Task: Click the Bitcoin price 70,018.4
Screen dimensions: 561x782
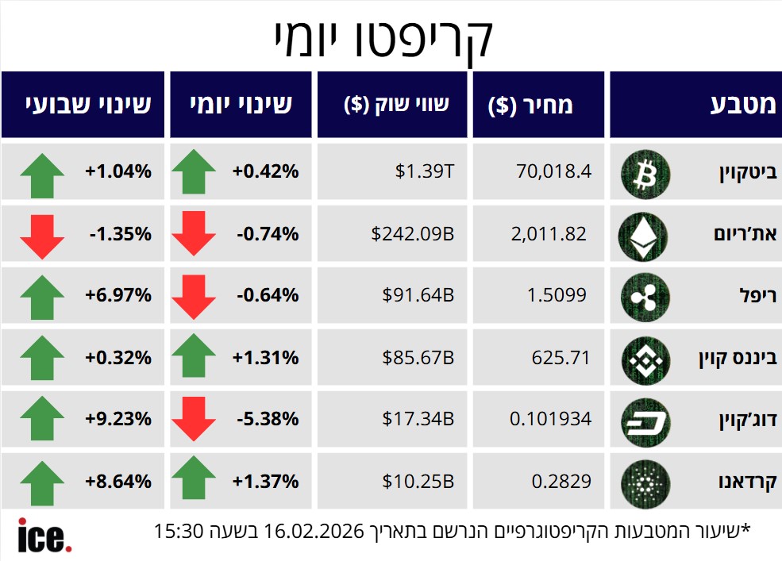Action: coord(553,171)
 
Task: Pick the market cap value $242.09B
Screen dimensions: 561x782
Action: coord(413,233)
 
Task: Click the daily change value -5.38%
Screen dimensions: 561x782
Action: coord(268,420)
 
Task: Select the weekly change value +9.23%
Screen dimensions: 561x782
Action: coord(118,420)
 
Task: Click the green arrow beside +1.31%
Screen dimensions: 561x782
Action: coord(193,357)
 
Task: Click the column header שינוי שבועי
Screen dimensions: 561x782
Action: coord(88,105)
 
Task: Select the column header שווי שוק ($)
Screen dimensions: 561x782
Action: coord(397,105)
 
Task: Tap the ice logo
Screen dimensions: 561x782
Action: coord(44,536)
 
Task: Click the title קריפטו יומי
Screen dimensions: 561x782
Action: coord(383,37)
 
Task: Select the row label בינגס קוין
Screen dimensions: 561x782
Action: coord(734,358)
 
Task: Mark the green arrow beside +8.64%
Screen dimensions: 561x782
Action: coord(42,482)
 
